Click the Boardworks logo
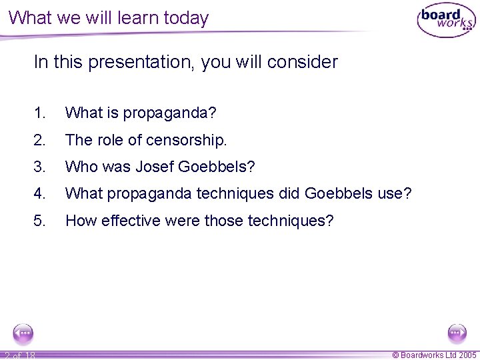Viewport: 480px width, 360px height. point(446,20)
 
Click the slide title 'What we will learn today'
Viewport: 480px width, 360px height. point(109,18)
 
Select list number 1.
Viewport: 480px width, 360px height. point(39,113)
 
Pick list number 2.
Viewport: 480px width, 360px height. point(39,140)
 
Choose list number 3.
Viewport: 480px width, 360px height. point(39,167)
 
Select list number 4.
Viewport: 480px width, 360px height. point(39,193)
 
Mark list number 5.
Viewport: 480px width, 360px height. point(39,220)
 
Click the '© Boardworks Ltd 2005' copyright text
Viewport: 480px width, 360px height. point(434,355)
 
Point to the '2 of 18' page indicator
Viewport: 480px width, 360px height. point(19,355)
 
